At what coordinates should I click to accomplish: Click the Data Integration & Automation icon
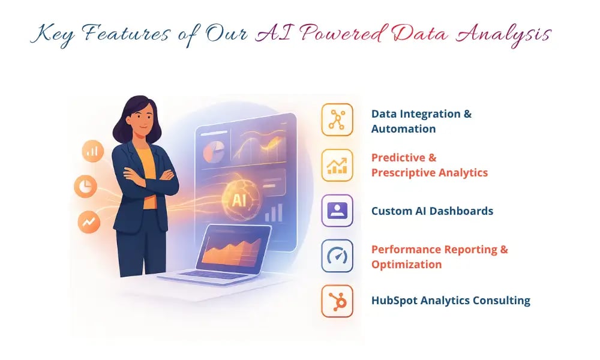coord(337,119)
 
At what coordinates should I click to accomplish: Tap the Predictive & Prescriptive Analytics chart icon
coord(337,165)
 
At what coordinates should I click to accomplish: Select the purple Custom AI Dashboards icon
coord(337,211)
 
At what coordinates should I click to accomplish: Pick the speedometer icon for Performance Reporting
coord(337,256)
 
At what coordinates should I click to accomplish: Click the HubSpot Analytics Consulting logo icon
coord(337,301)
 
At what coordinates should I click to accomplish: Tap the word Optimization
coord(406,265)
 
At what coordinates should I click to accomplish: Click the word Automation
coord(403,128)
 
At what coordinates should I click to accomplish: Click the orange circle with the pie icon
coord(86,187)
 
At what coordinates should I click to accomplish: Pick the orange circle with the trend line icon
coord(89,222)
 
